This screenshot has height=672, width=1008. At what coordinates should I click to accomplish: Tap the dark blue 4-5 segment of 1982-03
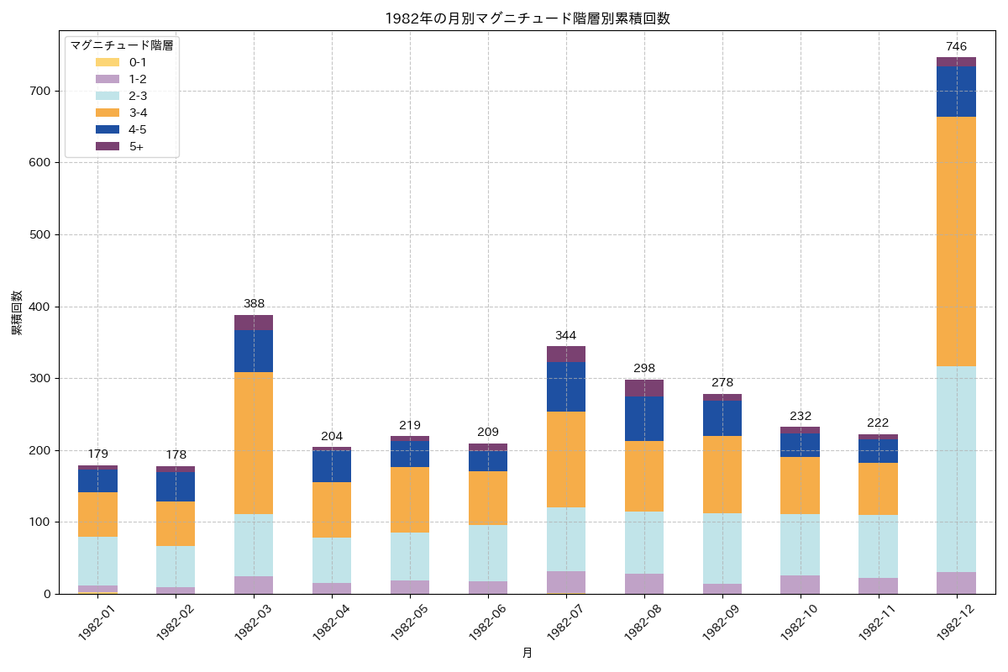point(254,351)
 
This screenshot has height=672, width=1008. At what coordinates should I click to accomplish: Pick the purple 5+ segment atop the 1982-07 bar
point(566,354)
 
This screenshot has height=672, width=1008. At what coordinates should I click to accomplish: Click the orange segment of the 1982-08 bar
point(644,476)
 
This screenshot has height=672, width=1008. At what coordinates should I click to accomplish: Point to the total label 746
point(956,46)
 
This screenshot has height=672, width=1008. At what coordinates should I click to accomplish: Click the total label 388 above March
point(254,303)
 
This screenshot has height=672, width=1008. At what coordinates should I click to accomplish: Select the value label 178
point(176,454)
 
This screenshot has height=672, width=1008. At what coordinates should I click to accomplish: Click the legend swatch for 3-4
point(108,113)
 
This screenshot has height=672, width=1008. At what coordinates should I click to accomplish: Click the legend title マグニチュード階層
point(122,45)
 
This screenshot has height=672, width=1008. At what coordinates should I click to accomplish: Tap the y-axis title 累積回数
point(17,313)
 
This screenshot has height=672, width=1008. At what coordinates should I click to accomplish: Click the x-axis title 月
point(527,653)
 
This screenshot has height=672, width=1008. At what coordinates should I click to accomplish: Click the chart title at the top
point(527,18)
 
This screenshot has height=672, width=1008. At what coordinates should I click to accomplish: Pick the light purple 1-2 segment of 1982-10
point(801,585)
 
